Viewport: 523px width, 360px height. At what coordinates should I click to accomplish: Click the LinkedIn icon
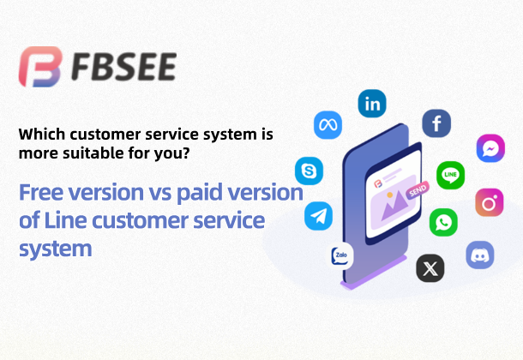(372, 104)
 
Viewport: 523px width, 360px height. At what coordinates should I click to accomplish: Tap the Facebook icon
(436, 123)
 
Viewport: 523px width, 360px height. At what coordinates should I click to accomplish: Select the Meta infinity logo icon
(328, 125)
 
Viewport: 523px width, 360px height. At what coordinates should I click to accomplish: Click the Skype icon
(309, 171)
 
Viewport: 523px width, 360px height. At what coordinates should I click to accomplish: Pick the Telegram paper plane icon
(319, 216)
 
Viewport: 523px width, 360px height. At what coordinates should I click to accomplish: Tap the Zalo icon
(340, 256)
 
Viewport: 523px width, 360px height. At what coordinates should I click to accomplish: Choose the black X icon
(430, 268)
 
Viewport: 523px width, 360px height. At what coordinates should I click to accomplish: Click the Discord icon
(480, 255)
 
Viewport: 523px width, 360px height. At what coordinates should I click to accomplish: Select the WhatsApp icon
(443, 222)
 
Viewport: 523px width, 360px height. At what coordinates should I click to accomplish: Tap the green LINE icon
(451, 176)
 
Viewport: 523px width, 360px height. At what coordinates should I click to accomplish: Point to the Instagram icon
(490, 202)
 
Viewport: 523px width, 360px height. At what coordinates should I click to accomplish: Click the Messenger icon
(490, 148)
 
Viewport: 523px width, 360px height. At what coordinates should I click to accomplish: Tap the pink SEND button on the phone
(418, 190)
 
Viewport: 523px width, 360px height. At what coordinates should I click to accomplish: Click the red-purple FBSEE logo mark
(40, 67)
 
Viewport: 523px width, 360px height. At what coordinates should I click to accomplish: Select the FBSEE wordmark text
(123, 67)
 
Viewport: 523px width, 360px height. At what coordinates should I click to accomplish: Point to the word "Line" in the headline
(66, 220)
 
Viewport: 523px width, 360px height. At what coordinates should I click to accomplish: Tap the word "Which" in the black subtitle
(42, 135)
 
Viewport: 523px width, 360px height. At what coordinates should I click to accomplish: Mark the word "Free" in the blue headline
(41, 192)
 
